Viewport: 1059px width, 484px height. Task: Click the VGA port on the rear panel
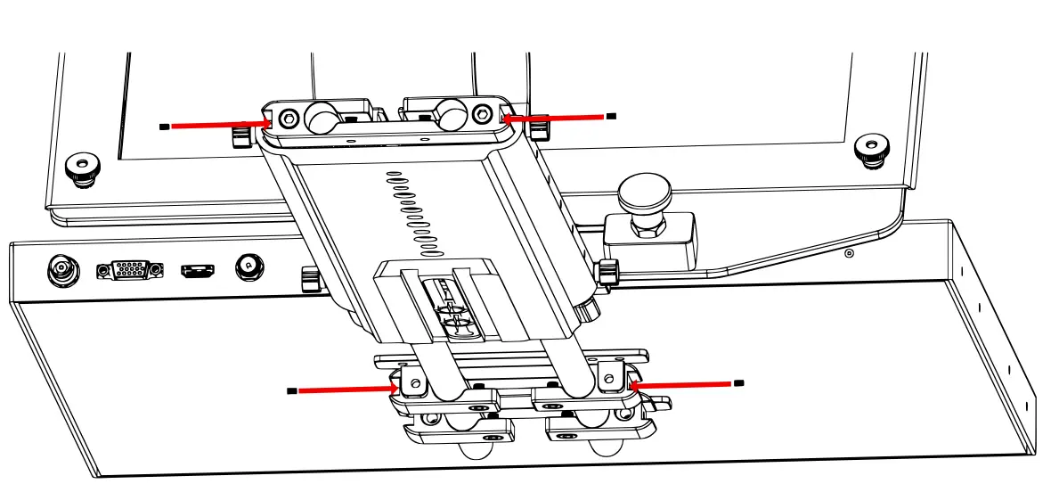(130, 269)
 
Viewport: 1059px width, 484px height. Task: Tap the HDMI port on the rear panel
(197, 269)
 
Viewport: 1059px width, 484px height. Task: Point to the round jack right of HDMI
(248, 267)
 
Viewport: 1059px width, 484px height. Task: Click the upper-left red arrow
(219, 125)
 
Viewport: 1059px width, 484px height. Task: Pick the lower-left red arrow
(346, 390)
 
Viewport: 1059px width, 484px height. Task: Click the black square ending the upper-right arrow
(610, 116)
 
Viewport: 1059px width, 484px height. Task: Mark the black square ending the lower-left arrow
(291, 390)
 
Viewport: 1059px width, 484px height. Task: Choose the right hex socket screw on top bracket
(482, 113)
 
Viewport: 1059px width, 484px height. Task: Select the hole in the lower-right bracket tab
(608, 379)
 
